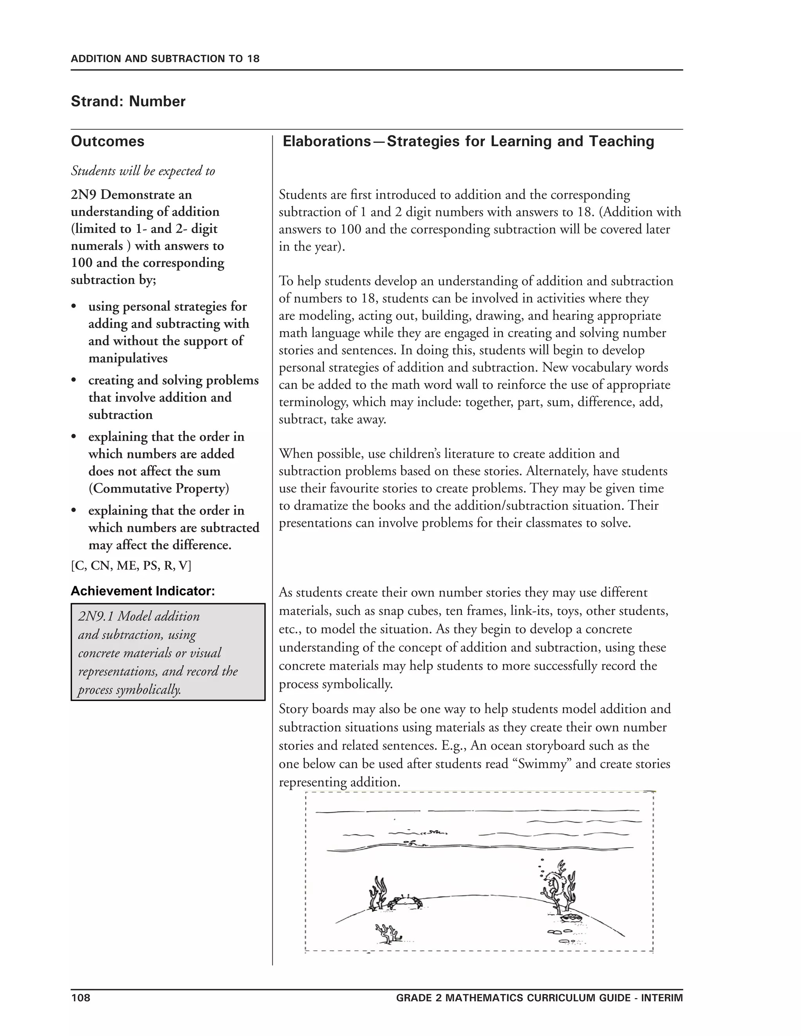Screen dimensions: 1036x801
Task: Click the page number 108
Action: point(80,998)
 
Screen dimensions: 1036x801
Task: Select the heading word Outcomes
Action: point(108,142)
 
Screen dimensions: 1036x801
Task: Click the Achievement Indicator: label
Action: point(143,591)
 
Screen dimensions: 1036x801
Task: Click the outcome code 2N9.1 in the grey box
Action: point(96,616)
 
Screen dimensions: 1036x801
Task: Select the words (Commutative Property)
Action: point(158,489)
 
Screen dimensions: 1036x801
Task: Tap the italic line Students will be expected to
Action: point(143,171)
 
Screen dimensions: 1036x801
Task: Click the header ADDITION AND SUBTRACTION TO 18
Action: point(165,59)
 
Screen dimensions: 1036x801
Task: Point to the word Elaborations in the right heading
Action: point(327,142)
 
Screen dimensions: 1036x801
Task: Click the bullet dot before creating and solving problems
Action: point(74,381)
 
